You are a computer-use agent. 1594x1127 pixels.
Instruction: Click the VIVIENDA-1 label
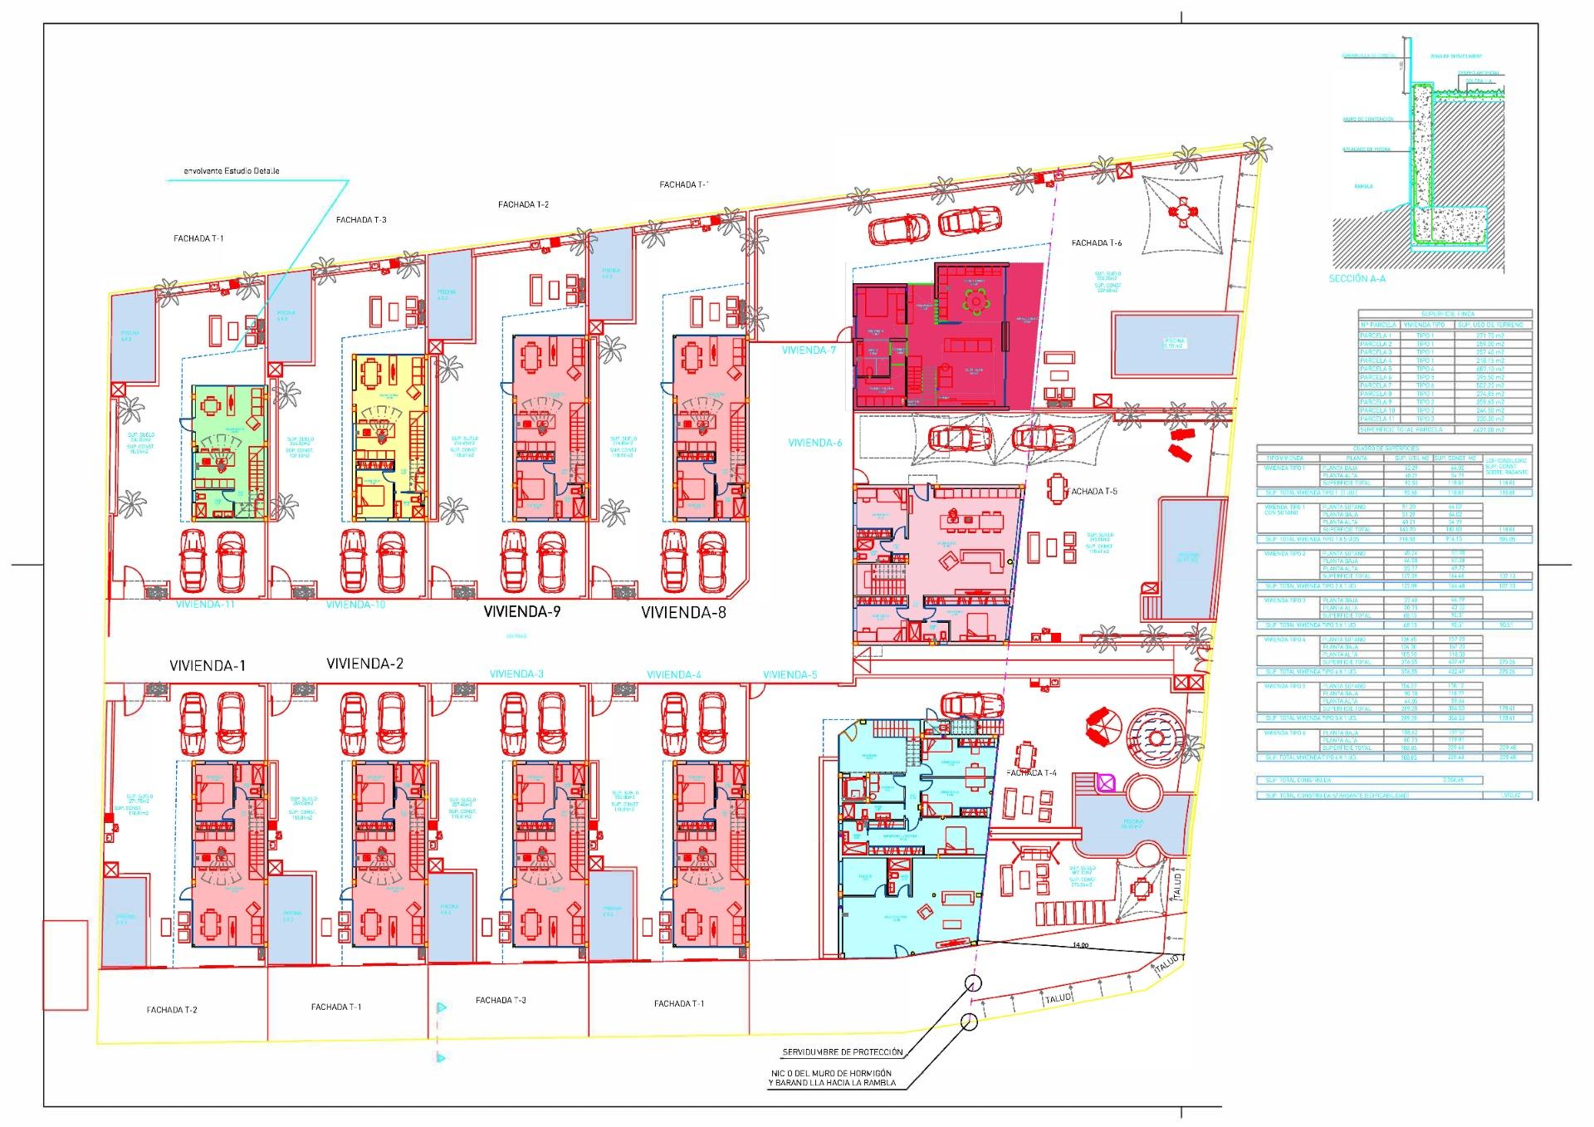208,665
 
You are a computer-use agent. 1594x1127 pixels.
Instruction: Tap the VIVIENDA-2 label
364,664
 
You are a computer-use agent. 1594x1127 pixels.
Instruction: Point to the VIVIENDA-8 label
683,613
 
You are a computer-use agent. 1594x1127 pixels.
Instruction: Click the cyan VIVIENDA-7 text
809,350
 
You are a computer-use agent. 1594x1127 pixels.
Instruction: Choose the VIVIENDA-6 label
814,443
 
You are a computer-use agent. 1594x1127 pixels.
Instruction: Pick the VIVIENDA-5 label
790,674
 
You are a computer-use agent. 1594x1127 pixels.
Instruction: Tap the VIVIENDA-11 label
205,605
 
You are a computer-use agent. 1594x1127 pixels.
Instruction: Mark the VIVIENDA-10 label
355,605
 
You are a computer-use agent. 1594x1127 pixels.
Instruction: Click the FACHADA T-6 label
1096,243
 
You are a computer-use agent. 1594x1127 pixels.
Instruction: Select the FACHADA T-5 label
1093,492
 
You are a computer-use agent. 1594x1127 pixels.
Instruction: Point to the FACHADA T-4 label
1031,772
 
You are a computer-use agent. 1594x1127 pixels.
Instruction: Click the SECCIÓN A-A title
1357,279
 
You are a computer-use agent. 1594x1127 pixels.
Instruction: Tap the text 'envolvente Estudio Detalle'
232,171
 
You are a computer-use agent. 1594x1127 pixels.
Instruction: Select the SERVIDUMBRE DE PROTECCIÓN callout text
842,1052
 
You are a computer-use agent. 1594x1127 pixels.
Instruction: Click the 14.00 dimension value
1080,945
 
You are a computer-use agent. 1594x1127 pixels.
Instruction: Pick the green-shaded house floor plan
229,452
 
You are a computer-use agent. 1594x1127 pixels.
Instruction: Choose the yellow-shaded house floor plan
389,437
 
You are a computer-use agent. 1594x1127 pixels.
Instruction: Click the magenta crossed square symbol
1106,782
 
